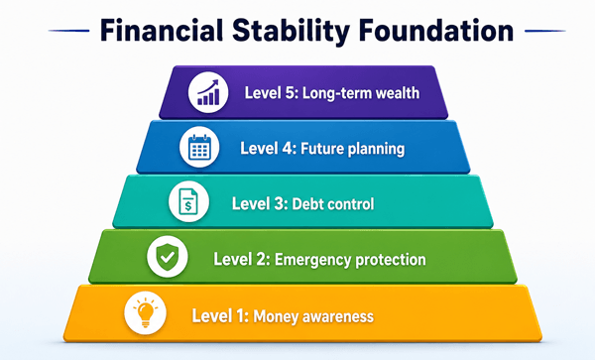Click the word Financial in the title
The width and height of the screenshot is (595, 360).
162,31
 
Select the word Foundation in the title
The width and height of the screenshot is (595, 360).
436,31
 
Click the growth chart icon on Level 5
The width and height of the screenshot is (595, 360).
208,92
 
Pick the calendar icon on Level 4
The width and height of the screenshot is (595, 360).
199,147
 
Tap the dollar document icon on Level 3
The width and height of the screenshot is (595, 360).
188,201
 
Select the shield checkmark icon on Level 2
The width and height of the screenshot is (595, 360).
168,257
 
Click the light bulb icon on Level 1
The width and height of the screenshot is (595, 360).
146,312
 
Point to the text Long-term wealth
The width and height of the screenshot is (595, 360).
361,93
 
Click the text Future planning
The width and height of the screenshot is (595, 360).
352,149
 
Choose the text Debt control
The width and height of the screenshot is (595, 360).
333,204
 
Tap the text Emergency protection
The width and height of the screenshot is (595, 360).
350,260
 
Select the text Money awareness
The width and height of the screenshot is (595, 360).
313,316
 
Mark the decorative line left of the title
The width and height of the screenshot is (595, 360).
69,31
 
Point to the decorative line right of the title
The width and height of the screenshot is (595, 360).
544,31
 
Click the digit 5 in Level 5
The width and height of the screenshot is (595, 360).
290,93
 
